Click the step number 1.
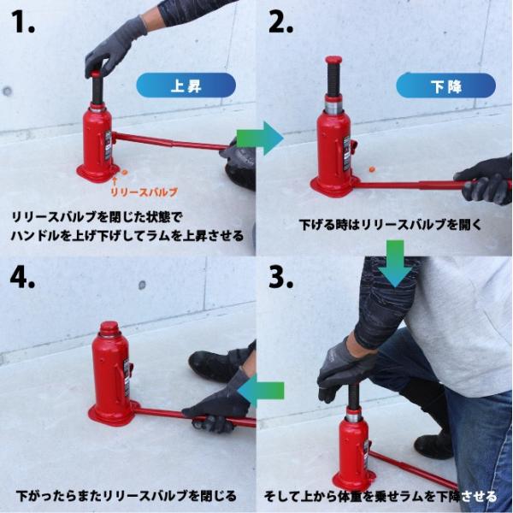(x=24, y=21)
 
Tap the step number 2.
(x=280, y=21)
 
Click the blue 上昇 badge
(x=186, y=85)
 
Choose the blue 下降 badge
(x=445, y=85)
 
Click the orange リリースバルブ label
(x=144, y=192)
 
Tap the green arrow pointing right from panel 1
(x=260, y=138)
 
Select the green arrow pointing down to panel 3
(x=395, y=263)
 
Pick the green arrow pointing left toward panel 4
(x=261, y=391)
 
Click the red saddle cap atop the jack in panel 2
(x=333, y=61)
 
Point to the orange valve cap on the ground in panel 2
(x=372, y=169)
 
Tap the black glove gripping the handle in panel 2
(x=484, y=180)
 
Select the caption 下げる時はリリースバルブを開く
(x=391, y=225)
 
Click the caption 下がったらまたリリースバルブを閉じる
(x=127, y=496)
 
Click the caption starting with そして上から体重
(x=380, y=496)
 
